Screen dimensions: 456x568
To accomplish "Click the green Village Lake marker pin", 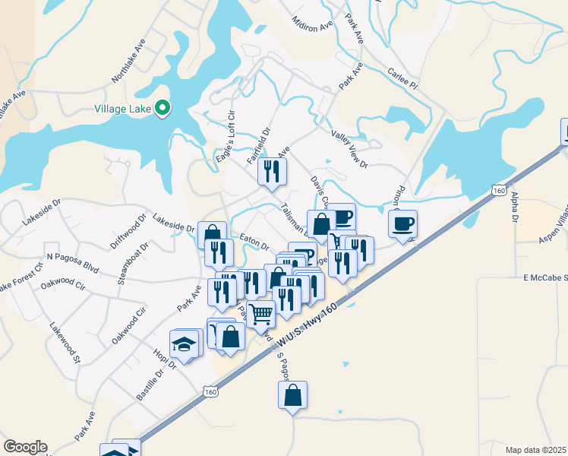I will point(162,109).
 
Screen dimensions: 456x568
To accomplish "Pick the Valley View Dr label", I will point(349,148).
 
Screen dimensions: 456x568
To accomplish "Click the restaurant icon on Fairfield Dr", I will point(271,171).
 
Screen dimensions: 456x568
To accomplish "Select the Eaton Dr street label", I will point(254,242).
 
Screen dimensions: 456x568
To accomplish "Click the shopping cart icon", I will point(260,313).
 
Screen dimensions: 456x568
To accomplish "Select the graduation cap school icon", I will point(184,344).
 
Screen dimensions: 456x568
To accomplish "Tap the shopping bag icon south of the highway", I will point(292,395).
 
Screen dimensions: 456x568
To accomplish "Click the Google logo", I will point(25,447).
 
